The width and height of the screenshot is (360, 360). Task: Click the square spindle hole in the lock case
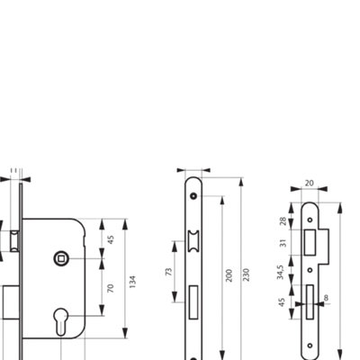(61, 258)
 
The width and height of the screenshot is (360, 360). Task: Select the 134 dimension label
(132, 282)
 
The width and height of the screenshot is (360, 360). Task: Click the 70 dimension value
(111, 288)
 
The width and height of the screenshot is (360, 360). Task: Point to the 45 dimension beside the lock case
(111, 239)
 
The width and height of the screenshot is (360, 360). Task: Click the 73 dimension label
(169, 272)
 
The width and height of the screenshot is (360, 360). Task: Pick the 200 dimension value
(229, 275)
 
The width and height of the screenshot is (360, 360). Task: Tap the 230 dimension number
(246, 274)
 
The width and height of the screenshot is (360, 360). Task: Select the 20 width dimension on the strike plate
(309, 183)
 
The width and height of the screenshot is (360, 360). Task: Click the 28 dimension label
(283, 221)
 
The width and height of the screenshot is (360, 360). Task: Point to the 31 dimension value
(283, 243)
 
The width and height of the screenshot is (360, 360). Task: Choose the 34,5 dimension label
(280, 273)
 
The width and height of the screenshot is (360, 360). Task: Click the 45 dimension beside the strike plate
(282, 302)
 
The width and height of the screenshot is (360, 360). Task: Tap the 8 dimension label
(326, 298)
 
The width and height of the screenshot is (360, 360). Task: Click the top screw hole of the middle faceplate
(193, 196)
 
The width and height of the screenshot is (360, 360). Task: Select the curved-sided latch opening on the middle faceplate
(193, 242)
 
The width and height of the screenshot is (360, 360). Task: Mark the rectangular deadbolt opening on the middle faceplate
(193, 302)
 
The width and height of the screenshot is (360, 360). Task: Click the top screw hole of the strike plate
(310, 220)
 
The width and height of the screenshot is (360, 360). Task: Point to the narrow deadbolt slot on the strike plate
(310, 302)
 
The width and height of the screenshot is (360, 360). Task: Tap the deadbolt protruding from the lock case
(12, 302)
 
